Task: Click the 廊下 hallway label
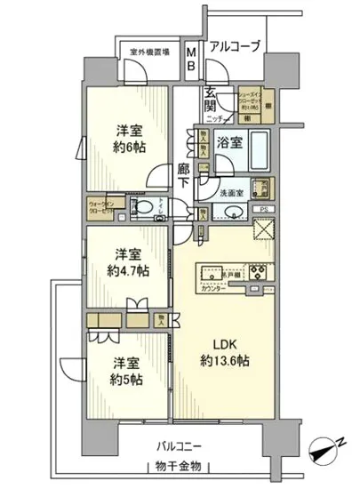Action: (183, 175)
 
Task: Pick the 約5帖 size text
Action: (125, 378)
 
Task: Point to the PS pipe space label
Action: (263, 210)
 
